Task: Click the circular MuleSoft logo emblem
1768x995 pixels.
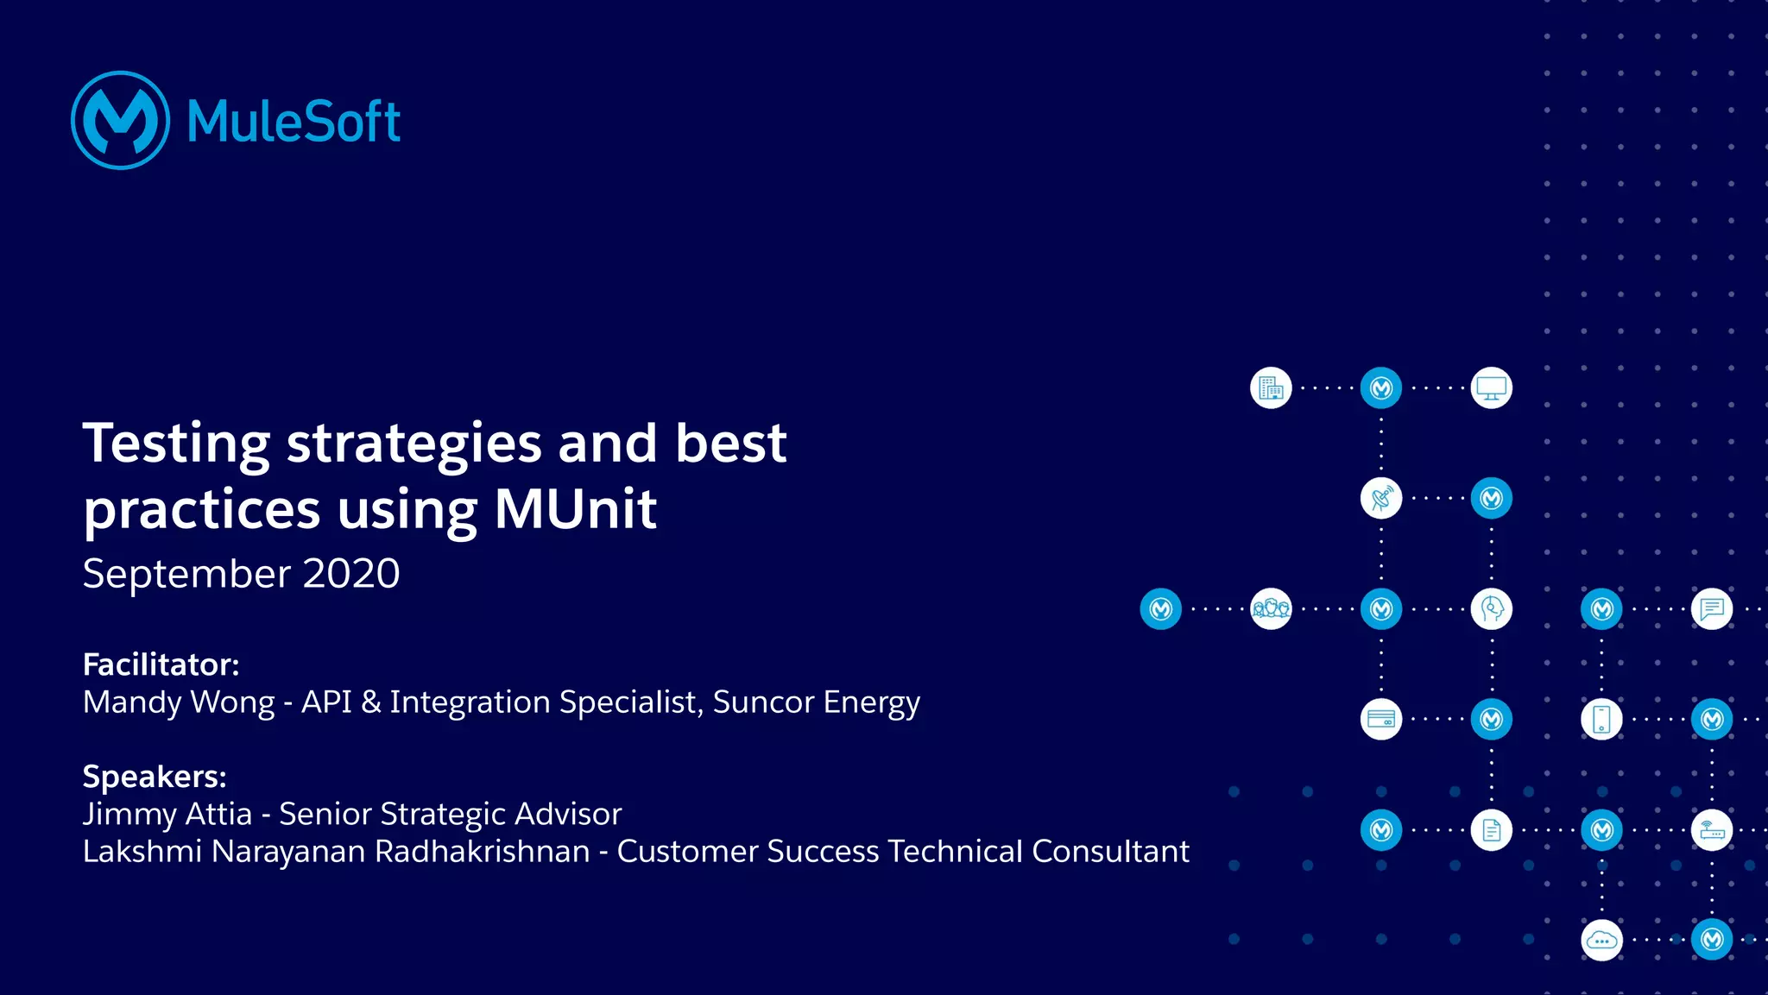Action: (x=120, y=120)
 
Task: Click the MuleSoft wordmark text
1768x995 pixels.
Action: (x=294, y=121)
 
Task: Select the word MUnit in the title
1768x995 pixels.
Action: (x=575, y=509)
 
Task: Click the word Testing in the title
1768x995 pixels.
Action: (x=176, y=444)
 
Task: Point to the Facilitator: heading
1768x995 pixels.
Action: (x=161, y=664)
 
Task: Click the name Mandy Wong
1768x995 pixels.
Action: (x=179, y=702)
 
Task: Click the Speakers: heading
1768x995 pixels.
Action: (x=155, y=777)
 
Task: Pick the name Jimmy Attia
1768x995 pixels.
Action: (x=167, y=814)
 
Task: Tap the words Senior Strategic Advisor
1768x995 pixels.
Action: (x=450, y=814)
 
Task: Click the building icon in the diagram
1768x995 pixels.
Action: (x=1271, y=388)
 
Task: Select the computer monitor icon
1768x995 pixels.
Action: (x=1491, y=388)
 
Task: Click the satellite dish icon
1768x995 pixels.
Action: (x=1381, y=499)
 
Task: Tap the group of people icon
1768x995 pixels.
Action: (x=1271, y=609)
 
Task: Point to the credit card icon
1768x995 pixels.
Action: (x=1381, y=719)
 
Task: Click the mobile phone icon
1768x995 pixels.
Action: (x=1601, y=719)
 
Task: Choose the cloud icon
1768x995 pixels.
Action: (x=1601, y=940)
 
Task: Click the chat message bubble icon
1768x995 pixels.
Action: (x=1712, y=609)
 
